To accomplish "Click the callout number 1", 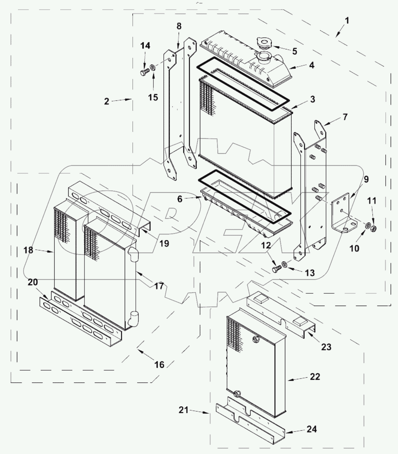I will (x=347, y=21).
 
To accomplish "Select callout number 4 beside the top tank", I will (x=311, y=65).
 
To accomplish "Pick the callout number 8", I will (x=179, y=26).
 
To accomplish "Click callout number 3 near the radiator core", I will (x=312, y=99).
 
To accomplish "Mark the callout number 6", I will (x=180, y=199).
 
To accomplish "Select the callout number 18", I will (x=28, y=250).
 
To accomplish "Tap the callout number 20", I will (x=33, y=282).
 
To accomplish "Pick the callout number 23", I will (x=326, y=347).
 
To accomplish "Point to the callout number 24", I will (x=311, y=429).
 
